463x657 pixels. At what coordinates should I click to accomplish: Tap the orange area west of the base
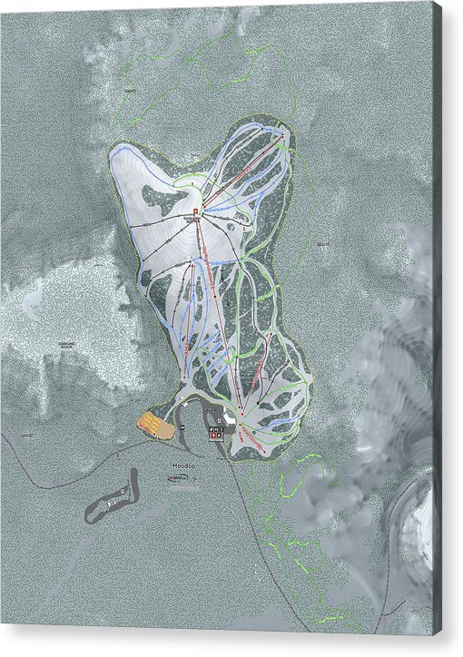point(155,423)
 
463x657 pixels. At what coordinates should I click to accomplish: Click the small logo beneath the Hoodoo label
point(181,478)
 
